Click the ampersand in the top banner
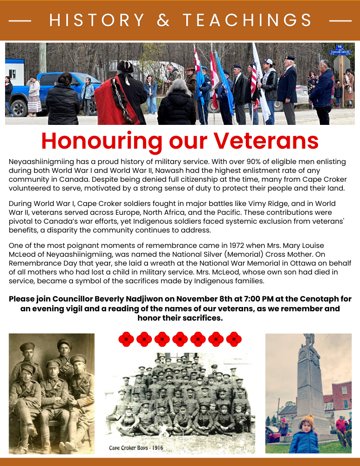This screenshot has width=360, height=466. [x=163, y=21]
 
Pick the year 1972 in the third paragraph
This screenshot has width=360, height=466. [x=200, y=246]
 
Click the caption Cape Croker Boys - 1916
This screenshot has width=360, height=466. [x=136, y=448]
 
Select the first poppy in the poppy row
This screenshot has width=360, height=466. [x=126, y=339]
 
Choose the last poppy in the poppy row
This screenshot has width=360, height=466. [x=234, y=339]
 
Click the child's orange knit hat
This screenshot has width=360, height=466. [x=306, y=421]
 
